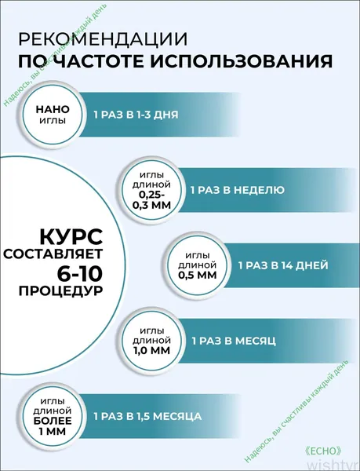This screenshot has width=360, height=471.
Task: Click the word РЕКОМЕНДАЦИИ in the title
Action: [103, 39]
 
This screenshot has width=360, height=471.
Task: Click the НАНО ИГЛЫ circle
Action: [53, 115]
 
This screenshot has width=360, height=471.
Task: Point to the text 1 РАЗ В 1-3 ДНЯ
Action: [136, 115]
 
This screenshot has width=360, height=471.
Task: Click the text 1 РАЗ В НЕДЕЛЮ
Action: [238, 190]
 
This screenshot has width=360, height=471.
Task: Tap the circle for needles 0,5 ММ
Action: [198, 265]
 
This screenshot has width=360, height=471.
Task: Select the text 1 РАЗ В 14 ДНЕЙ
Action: [283, 265]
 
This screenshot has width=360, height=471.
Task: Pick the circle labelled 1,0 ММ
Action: [151, 341]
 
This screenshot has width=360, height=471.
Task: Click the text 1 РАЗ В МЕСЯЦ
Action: [234, 341]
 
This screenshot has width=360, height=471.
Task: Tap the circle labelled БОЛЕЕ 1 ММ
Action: [53, 416]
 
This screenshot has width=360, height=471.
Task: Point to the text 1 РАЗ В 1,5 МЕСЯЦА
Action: [147, 416]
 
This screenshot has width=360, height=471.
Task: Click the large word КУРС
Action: [71, 237]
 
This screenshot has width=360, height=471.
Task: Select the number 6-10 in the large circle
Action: [80, 273]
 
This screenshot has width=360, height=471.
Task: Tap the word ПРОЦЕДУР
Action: [60, 290]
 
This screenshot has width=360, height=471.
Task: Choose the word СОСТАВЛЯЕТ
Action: [53, 254]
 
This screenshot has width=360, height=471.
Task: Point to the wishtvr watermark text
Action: [333, 465]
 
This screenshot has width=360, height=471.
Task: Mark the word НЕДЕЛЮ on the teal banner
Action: [259, 190]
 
